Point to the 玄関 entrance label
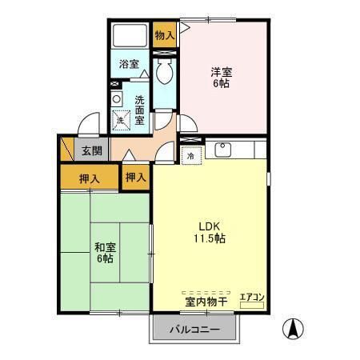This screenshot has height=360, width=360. pyautogui.click(x=91, y=150)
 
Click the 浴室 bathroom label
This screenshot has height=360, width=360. pyautogui.click(x=130, y=63)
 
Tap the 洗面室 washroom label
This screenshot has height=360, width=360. pyautogui.click(x=139, y=110)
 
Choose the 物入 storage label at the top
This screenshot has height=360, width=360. pyautogui.click(x=164, y=35)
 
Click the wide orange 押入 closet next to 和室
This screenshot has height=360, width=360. pyautogui.click(x=90, y=178)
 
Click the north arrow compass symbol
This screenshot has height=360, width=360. pyautogui.click(x=294, y=327)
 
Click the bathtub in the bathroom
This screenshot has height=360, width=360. pyautogui.click(x=130, y=37)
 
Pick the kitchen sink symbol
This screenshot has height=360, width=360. pyautogui.click(x=223, y=149)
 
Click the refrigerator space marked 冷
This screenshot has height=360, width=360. pyautogui.click(x=190, y=157)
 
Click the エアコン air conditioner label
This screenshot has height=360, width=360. pyautogui.click(x=252, y=298)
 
